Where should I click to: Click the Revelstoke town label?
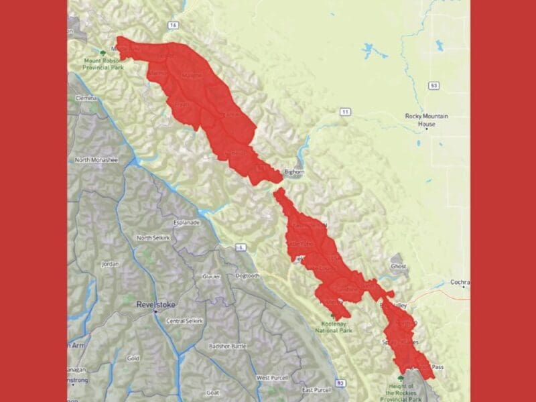pyautogui.click(x=155, y=304)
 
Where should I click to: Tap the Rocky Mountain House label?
pyautogui.click(x=426, y=119)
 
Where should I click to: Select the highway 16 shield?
pyautogui.click(x=174, y=25)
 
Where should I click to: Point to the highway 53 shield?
pyautogui.click(x=435, y=86)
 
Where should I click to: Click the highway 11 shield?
pyautogui.click(x=344, y=111)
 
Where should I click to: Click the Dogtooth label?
pyautogui.click(x=247, y=275)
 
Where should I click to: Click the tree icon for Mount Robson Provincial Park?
pyautogui.click(x=102, y=52)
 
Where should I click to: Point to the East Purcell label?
pyautogui.click(x=316, y=390)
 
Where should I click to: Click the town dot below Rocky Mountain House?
pyautogui.click(x=426, y=129)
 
